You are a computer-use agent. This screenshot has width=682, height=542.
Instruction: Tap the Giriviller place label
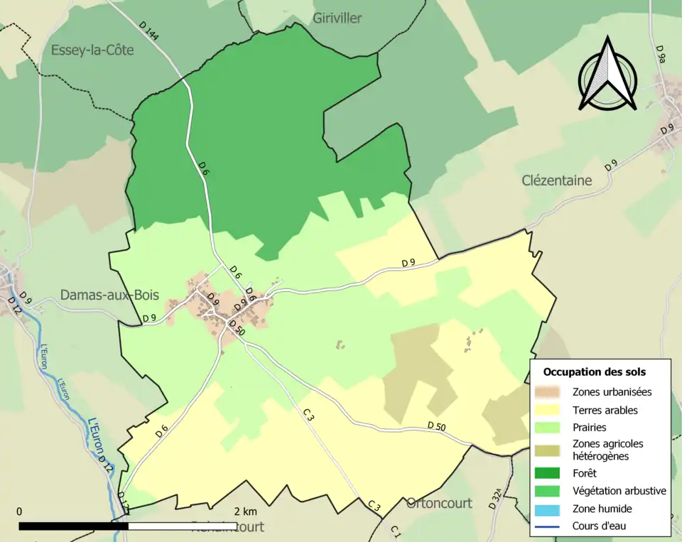click(337, 18)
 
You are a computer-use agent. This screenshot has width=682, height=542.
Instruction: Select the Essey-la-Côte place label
click(92, 50)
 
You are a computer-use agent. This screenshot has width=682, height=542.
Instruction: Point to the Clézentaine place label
click(556, 180)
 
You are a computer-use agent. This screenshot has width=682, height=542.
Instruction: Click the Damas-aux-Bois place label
click(109, 295)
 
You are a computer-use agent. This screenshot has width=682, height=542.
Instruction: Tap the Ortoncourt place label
click(439, 503)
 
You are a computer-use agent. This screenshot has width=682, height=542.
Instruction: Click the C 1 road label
click(396, 531)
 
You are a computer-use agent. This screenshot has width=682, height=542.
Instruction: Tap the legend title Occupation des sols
click(594, 372)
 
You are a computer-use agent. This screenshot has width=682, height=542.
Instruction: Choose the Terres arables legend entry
click(605, 410)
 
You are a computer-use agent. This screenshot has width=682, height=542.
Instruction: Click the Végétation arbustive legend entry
click(619, 490)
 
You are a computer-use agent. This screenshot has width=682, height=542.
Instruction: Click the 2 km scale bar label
click(246, 511)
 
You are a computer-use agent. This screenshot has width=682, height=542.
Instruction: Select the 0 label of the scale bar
click(19, 511)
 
